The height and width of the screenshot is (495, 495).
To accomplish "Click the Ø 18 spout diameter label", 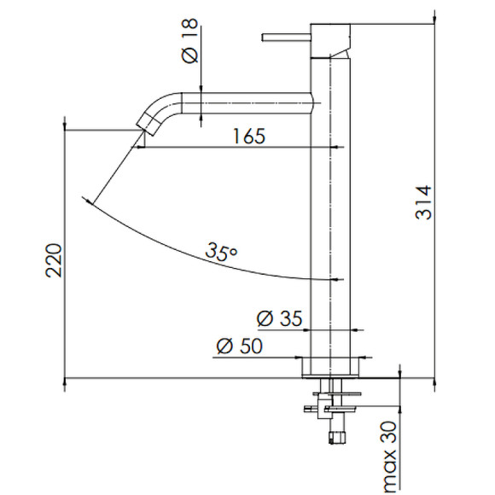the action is tap(190, 41).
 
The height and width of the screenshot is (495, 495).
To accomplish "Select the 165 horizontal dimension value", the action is tap(248, 136).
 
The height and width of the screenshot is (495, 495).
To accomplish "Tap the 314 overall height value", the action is tap(423, 202).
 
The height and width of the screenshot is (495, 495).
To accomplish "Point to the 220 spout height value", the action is tap(54, 260).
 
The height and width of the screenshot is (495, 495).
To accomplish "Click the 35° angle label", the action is tap(221, 252).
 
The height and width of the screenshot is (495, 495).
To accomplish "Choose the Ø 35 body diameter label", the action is tap(279, 318).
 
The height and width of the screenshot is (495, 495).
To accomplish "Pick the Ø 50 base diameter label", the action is tap(240, 346).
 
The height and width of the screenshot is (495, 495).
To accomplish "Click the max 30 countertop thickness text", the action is tap(389, 457).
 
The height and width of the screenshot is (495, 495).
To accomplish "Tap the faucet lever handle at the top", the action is tap(286, 38).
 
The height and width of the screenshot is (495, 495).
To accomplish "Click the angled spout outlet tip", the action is tap(147, 124).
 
